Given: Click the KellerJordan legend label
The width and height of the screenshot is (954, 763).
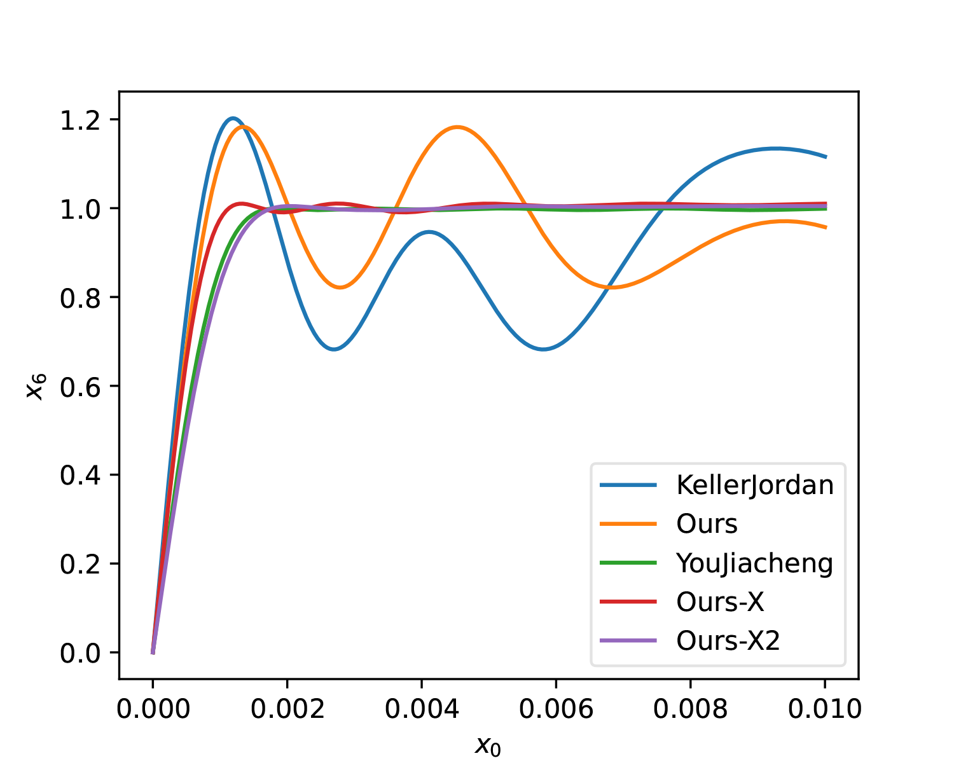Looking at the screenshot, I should tap(755, 485).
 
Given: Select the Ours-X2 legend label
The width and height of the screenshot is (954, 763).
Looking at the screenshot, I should tap(728, 640).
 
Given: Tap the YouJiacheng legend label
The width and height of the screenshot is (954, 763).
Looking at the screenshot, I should tap(754, 563).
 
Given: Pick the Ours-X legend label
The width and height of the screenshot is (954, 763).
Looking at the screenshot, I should tap(720, 601).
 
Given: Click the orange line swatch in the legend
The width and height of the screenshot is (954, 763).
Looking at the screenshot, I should tap(628, 524).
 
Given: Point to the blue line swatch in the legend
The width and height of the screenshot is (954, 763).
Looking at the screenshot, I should tap(628, 485).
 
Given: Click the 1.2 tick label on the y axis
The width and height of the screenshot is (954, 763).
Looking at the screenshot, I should tap(81, 120).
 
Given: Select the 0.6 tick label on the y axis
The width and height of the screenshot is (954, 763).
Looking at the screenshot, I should tap(81, 387).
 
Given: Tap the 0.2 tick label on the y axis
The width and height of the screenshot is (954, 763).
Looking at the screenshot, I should tap(81, 564).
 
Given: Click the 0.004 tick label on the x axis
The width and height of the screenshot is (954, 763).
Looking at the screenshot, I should tap(422, 710).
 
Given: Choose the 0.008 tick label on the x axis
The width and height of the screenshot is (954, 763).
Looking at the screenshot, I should tap(691, 710).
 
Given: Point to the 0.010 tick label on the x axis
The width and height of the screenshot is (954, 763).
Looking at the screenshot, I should tap(825, 710).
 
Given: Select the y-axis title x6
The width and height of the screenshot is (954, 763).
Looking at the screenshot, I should tap(36, 386).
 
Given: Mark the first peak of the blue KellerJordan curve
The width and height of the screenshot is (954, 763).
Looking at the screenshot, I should tap(233, 118).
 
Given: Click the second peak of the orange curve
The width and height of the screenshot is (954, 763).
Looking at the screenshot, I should tap(457, 127).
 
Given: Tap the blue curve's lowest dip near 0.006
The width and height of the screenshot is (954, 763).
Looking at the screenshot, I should tap(543, 349).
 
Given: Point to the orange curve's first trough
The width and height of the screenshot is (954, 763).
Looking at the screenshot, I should tap(341, 287).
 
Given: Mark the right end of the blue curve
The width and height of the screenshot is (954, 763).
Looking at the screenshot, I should tap(826, 156).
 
